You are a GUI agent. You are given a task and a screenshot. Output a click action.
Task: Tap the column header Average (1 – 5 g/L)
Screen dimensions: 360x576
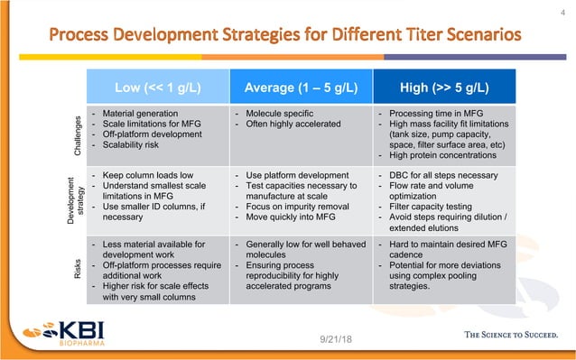(x=300, y=87)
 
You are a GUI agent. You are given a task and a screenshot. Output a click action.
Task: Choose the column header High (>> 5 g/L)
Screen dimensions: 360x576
(x=444, y=87)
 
